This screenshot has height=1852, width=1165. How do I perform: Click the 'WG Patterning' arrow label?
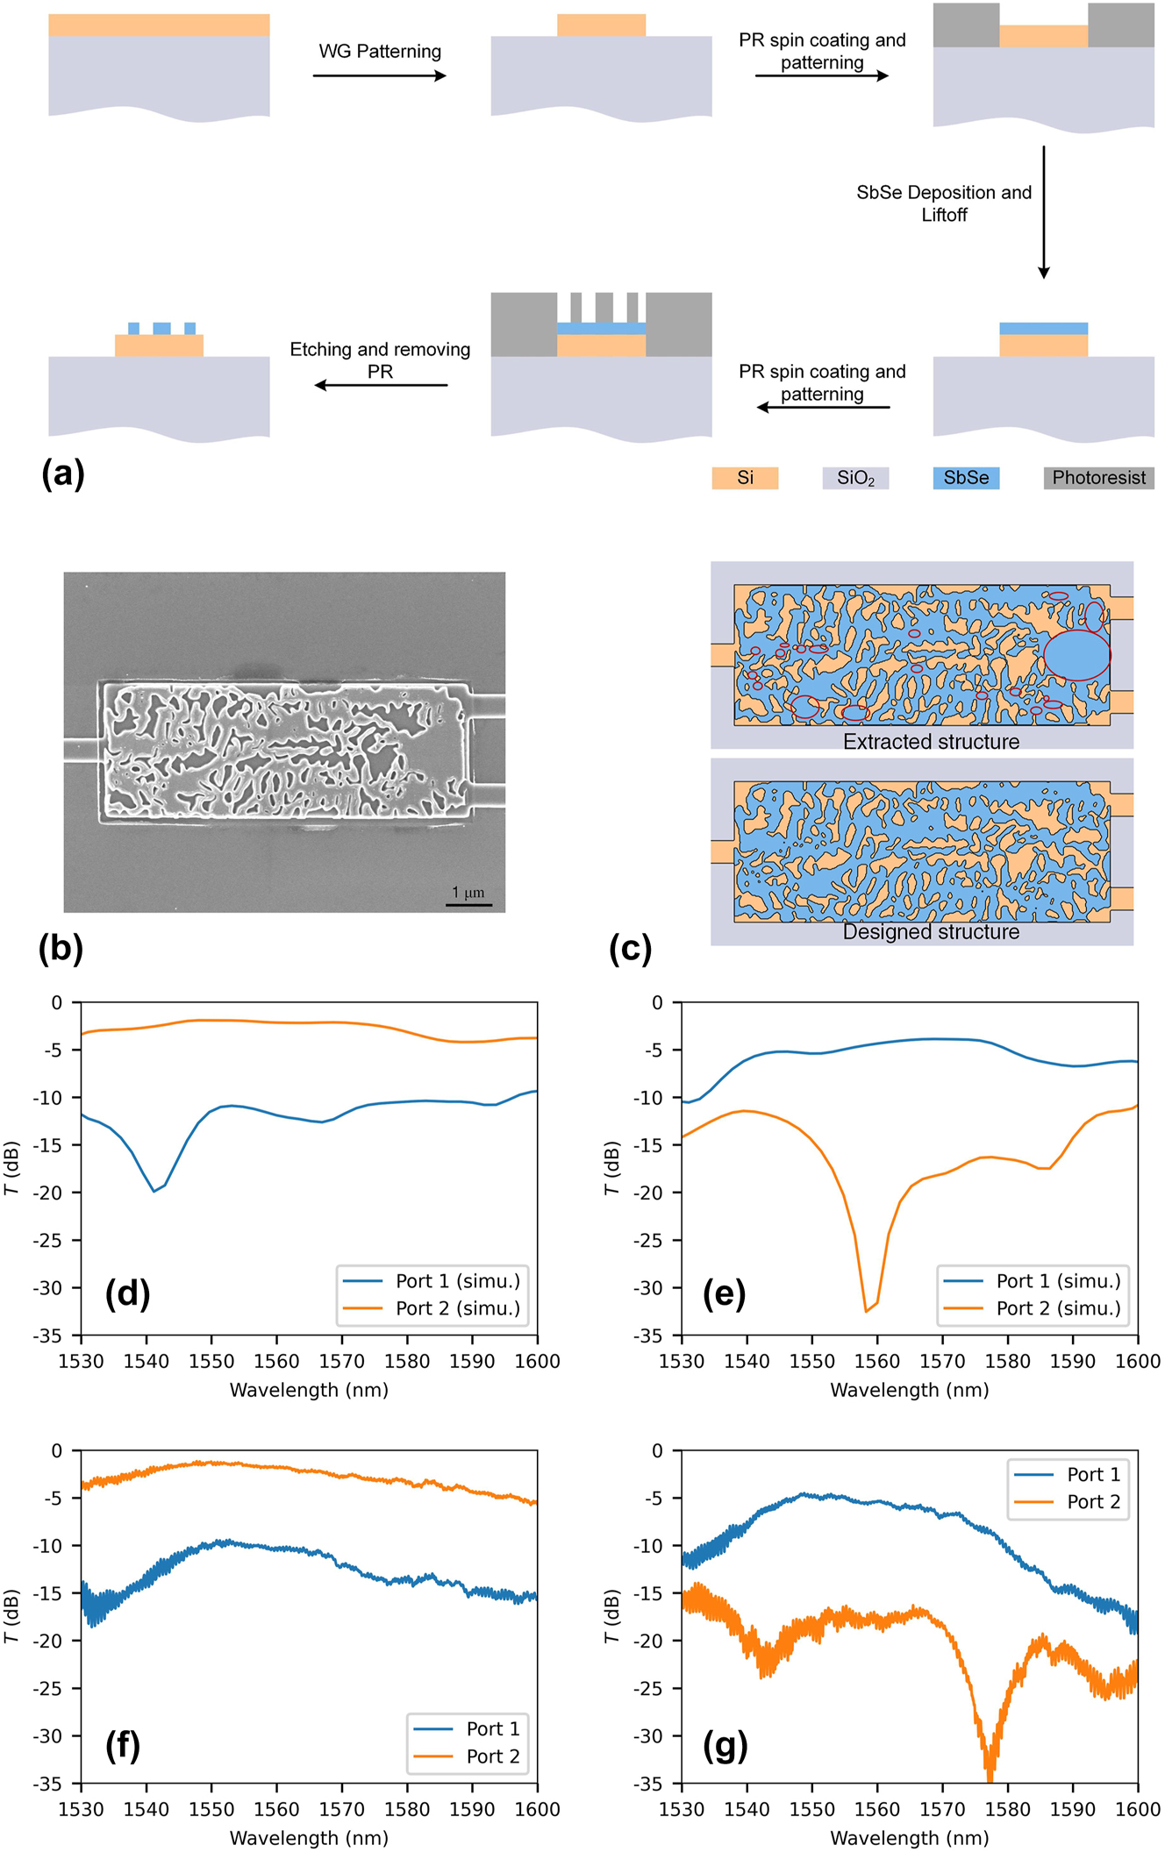[380, 51]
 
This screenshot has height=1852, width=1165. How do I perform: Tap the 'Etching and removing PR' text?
[380, 360]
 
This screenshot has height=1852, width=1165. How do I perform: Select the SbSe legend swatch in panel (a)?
[966, 478]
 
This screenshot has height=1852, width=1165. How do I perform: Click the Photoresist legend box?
[1098, 478]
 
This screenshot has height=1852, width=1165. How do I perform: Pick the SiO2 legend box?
[855, 478]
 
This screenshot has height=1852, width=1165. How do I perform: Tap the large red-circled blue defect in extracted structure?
[1076, 655]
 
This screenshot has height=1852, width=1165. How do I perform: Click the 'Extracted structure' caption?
[931, 742]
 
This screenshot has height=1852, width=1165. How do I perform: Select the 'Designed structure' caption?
[931, 932]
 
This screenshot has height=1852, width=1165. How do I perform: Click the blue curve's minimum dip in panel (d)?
[154, 1191]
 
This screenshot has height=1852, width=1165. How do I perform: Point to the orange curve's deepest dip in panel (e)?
[867, 1310]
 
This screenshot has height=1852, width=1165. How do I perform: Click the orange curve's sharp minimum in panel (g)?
[990, 1775]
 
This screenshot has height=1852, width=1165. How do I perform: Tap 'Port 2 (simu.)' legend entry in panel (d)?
[457, 1308]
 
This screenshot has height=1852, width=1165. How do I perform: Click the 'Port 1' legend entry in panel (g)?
[1093, 1474]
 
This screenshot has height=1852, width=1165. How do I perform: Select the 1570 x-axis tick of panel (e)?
[942, 1362]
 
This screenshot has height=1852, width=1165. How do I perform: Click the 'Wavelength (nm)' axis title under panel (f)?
[309, 1838]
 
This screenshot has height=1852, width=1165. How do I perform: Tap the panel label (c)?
[630, 949]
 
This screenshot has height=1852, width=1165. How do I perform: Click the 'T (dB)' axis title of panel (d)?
[11, 1168]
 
